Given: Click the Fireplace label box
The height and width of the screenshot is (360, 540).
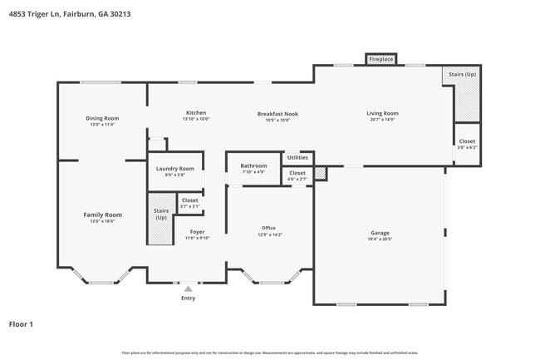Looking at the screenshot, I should [381, 59].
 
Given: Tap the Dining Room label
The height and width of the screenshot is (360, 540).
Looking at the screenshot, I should [102, 118].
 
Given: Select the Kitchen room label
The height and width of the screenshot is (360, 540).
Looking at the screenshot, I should [196, 113].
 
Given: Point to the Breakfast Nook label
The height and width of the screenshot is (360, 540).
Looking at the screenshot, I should [277, 113].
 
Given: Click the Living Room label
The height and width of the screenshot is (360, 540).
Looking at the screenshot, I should [383, 113].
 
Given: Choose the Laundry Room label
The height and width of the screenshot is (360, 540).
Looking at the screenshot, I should [175, 169].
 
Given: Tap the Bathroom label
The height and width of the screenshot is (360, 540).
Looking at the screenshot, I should [253, 165].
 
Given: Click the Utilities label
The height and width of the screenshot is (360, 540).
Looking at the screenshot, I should [297, 157].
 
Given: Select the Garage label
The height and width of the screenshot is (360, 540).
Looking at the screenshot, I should [380, 233].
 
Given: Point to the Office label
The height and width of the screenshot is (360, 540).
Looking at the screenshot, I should [268, 228].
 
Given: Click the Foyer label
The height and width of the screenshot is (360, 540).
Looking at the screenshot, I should [197, 232].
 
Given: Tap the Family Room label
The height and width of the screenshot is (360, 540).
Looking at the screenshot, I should [102, 215].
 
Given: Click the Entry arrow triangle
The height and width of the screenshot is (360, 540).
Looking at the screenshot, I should [189, 288].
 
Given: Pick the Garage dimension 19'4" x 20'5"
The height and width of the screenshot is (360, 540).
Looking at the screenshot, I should [380, 239].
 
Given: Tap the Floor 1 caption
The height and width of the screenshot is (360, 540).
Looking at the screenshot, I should [21, 323].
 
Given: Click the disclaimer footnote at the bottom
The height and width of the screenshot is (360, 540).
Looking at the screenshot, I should [270, 353].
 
